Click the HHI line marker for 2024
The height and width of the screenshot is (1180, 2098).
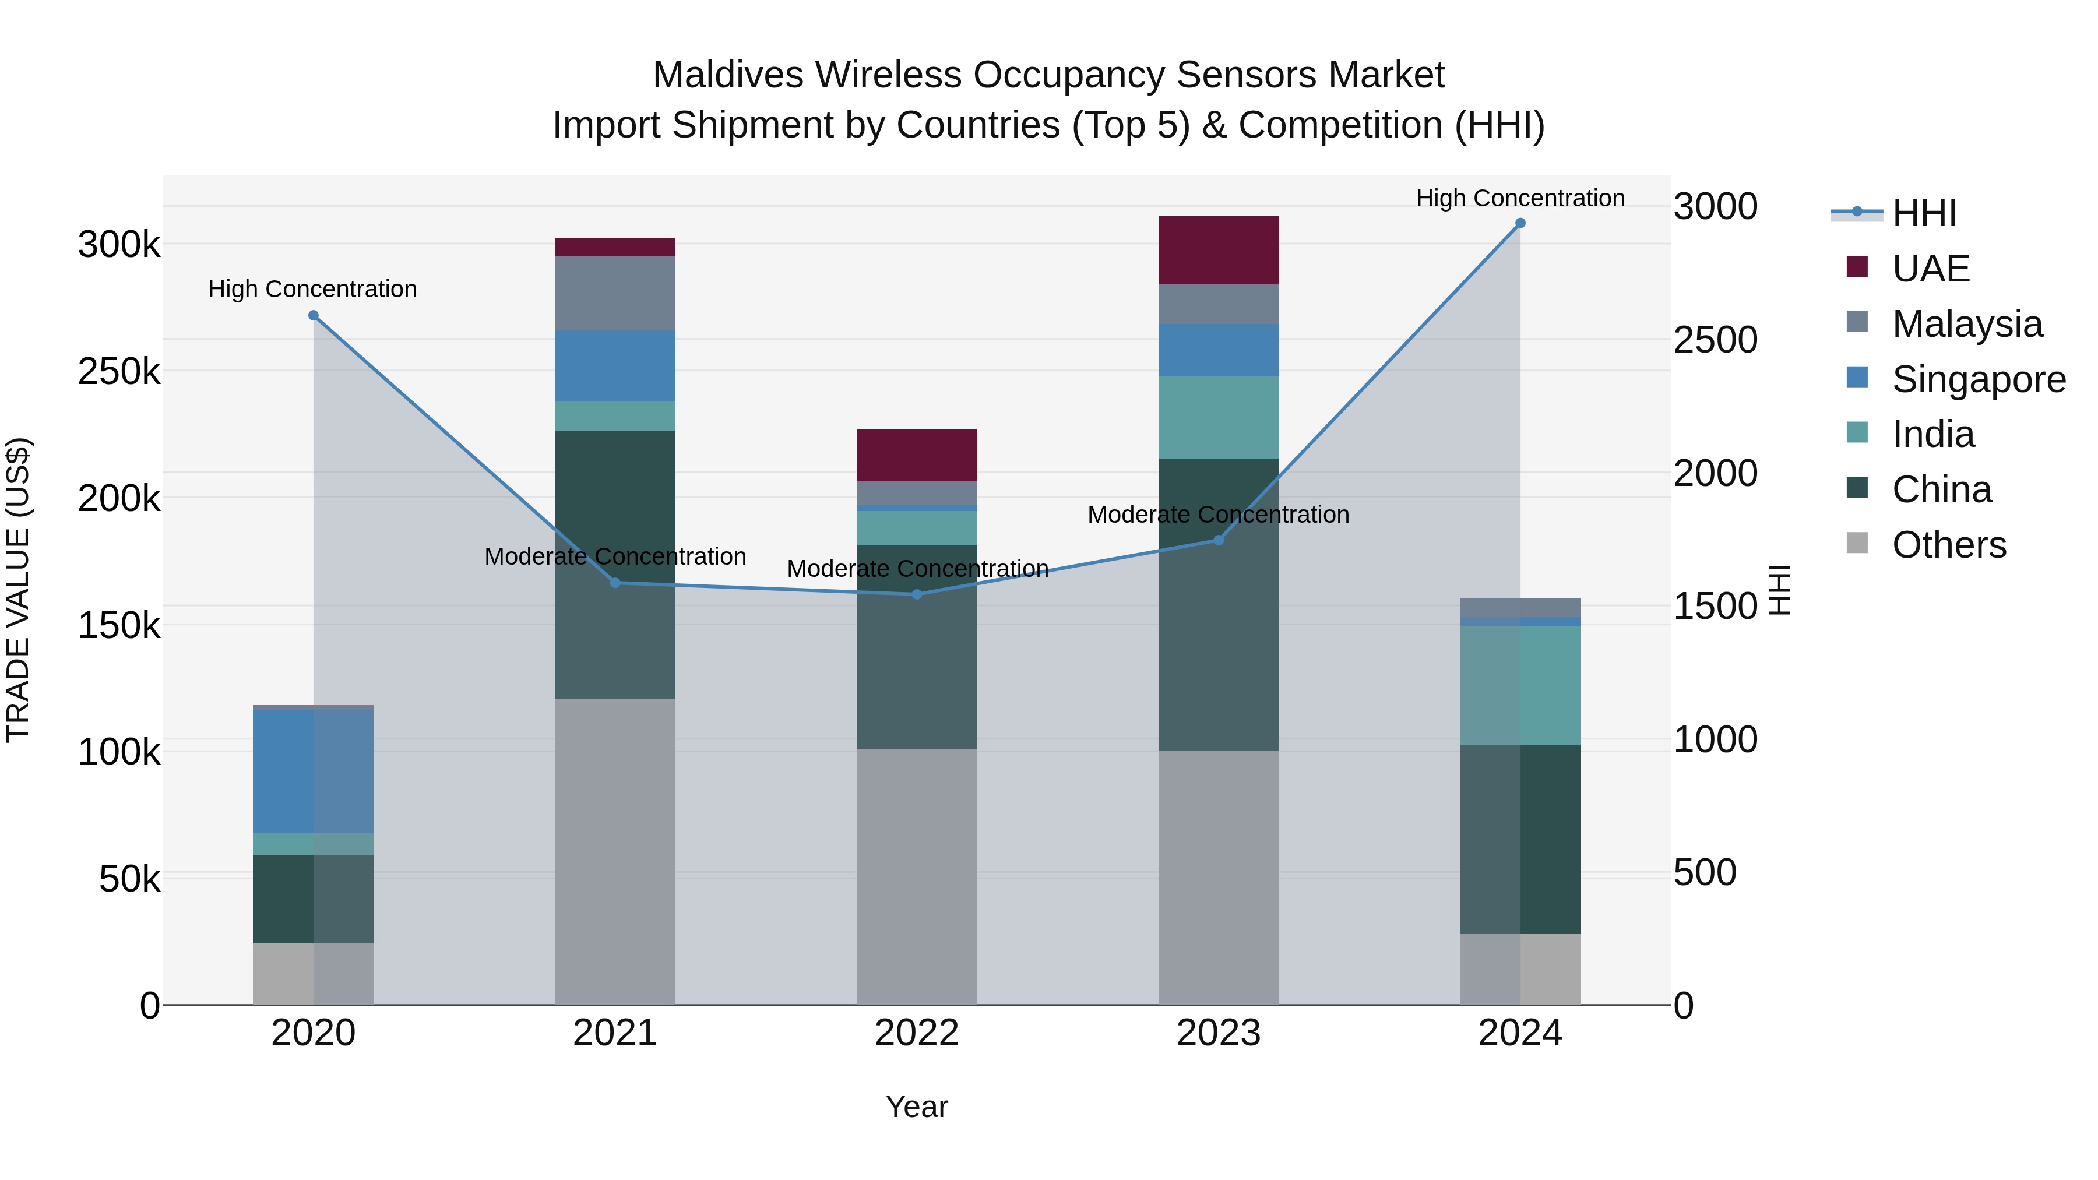[x=1520, y=223]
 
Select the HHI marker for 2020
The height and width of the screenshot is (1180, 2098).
[x=314, y=315]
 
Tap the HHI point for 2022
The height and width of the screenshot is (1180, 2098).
[x=917, y=594]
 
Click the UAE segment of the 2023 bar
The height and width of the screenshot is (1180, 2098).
[x=1219, y=250]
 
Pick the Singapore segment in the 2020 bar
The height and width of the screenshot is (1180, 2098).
[x=314, y=770]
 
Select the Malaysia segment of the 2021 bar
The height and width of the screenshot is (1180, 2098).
[x=615, y=293]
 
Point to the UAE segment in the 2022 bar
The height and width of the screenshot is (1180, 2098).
[x=917, y=455]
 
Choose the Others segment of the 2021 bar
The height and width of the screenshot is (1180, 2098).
[x=615, y=851]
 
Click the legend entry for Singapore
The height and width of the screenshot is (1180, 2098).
[x=1979, y=379]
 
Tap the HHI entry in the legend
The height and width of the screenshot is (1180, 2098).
[x=1924, y=213]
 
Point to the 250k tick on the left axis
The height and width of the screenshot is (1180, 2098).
[x=119, y=371]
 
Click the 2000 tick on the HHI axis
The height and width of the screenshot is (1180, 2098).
[x=1715, y=473]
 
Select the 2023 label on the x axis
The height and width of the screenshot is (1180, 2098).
[x=1219, y=1033]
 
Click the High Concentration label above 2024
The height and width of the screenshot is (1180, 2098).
[x=1520, y=198]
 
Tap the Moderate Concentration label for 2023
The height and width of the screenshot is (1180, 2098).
[x=1219, y=515]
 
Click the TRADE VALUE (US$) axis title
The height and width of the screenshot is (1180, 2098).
[x=18, y=590]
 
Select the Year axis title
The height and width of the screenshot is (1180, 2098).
[x=917, y=1107]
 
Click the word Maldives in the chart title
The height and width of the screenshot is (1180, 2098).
[x=728, y=75]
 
